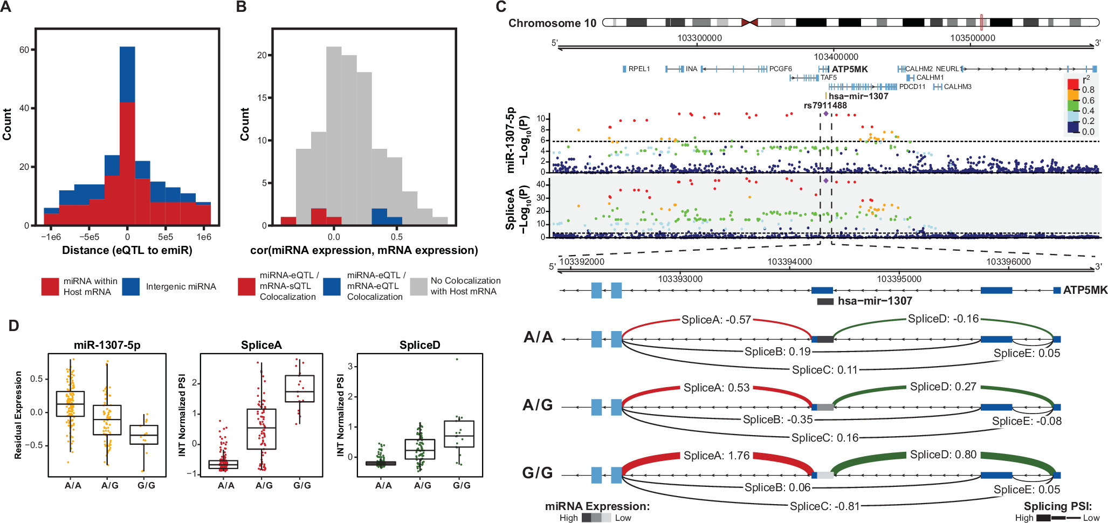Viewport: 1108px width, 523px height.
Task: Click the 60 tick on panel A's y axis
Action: (24, 50)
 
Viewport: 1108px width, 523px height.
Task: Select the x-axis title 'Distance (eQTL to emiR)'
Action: (127, 250)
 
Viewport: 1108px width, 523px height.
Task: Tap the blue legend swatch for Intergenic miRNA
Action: (130, 286)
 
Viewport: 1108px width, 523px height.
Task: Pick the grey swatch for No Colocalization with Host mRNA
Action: (418, 286)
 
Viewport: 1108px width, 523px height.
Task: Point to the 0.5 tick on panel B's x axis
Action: (397, 237)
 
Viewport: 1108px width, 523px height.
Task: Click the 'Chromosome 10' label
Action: (552, 23)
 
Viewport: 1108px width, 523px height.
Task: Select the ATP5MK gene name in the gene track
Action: (850, 69)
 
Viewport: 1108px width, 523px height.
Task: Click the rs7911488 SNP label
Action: (825, 105)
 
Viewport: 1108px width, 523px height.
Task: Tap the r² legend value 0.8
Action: (1088, 90)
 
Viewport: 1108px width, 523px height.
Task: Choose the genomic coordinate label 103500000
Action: (973, 38)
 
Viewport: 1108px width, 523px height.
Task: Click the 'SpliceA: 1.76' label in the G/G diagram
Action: (717, 456)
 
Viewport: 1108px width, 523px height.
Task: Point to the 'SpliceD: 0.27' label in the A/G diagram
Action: (943, 387)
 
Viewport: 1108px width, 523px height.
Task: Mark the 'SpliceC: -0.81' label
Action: (824, 506)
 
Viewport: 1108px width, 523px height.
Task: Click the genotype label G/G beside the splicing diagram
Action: (538, 473)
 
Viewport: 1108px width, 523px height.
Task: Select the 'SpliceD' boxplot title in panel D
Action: (419, 345)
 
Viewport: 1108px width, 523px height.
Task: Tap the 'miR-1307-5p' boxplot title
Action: (107, 345)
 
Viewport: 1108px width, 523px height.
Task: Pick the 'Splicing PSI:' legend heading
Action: (1057, 506)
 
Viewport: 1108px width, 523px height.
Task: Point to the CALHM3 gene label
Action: (958, 87)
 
